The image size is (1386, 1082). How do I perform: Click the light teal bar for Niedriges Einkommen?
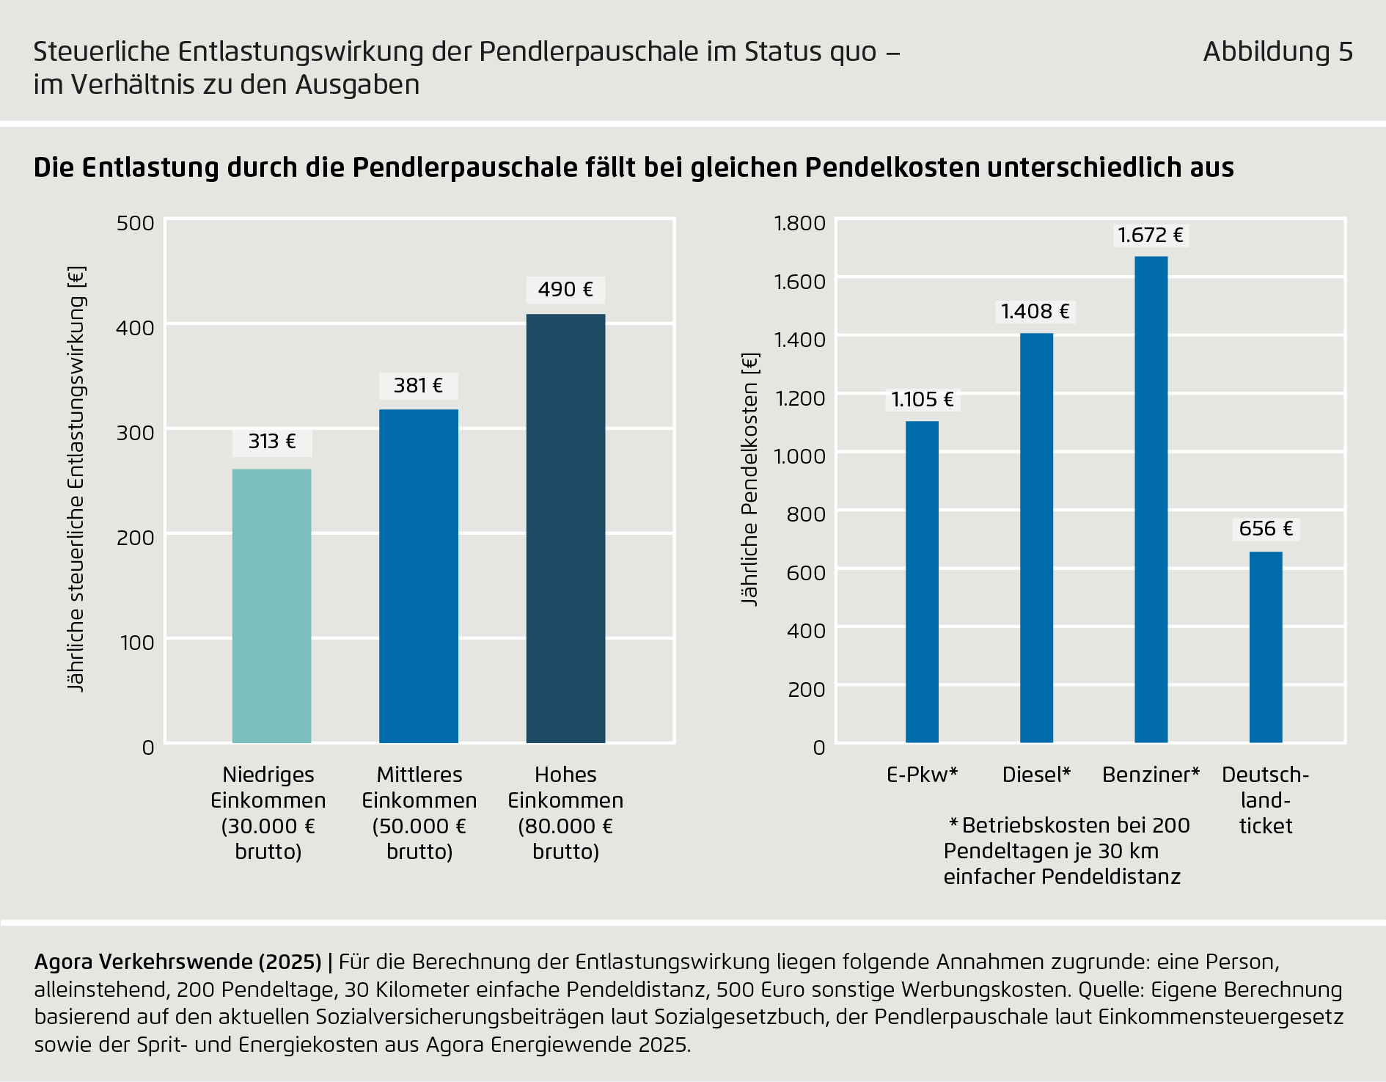[271, 606]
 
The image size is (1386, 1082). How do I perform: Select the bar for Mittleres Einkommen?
[418, 576]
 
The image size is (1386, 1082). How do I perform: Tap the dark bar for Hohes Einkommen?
[565, 528]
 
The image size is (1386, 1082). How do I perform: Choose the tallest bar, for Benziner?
[1151, 499]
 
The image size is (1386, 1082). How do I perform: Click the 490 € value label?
[565, 290]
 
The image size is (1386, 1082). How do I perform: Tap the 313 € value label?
[272, 442]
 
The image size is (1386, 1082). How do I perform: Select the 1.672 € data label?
[1150, 235]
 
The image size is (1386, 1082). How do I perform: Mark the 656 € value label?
[1266, 529]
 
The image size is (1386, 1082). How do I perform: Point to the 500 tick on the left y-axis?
[136, 223]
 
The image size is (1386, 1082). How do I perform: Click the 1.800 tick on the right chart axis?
[800, 223]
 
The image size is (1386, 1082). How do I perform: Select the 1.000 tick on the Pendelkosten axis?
[800, 456]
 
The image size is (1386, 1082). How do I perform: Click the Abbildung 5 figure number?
[1277, 52]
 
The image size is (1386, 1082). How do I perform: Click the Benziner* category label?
[1151, 775]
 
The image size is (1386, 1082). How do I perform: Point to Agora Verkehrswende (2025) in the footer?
[177, 962]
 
